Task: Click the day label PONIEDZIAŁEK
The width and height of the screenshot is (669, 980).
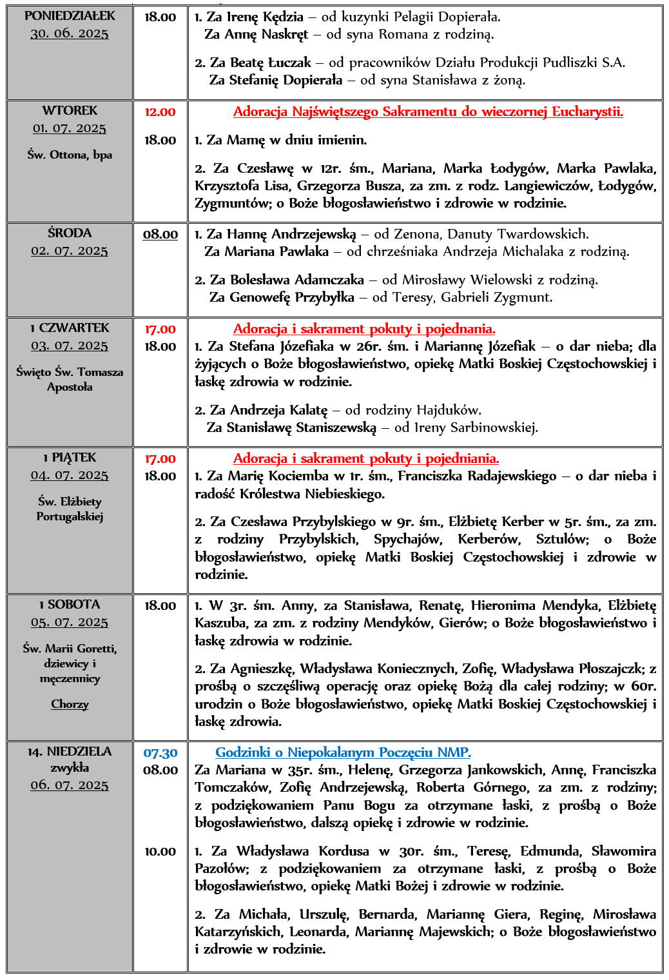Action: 70,16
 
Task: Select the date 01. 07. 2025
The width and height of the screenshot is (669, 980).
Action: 70,128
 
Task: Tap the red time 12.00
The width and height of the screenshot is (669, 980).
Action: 160,112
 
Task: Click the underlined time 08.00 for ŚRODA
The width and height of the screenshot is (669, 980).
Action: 160,235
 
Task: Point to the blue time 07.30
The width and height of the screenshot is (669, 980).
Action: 160,753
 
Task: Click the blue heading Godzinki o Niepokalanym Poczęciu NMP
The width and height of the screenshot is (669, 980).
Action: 343,752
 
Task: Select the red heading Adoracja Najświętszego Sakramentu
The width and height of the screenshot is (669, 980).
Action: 428,112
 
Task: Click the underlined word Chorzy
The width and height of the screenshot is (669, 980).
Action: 70,704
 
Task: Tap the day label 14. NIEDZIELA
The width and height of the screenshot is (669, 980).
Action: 70,752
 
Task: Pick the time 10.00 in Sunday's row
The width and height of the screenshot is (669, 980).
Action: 160,852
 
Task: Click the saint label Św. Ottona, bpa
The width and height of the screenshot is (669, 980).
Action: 70,155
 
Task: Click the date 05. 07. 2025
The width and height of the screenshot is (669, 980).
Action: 70,622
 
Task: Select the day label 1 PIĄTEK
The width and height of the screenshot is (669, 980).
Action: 70,458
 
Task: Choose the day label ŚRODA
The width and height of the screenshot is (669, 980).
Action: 70,233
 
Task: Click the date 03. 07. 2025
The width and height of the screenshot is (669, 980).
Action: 70,346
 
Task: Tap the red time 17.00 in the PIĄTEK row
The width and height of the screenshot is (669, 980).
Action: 160,459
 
